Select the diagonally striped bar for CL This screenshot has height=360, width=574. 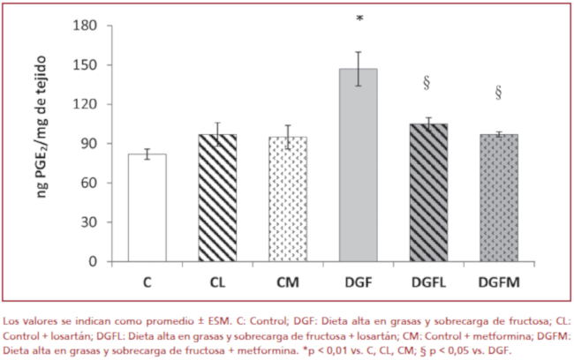(x=217, y=199)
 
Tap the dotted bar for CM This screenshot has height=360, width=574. (x=288, y=199)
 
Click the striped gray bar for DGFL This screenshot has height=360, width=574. (x=428, y=193)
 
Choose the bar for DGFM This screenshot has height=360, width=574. (x=498, y=199)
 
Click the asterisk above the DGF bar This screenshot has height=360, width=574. (x=359, y=20)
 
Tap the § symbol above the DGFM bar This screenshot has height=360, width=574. (x=498, y=92)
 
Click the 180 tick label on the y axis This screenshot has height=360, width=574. (x=83, y=26)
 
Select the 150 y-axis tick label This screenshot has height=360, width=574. (x=83, y=65)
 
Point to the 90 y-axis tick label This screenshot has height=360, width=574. (x=87, y=144)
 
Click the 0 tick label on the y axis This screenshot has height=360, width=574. (x=90, y=262)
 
